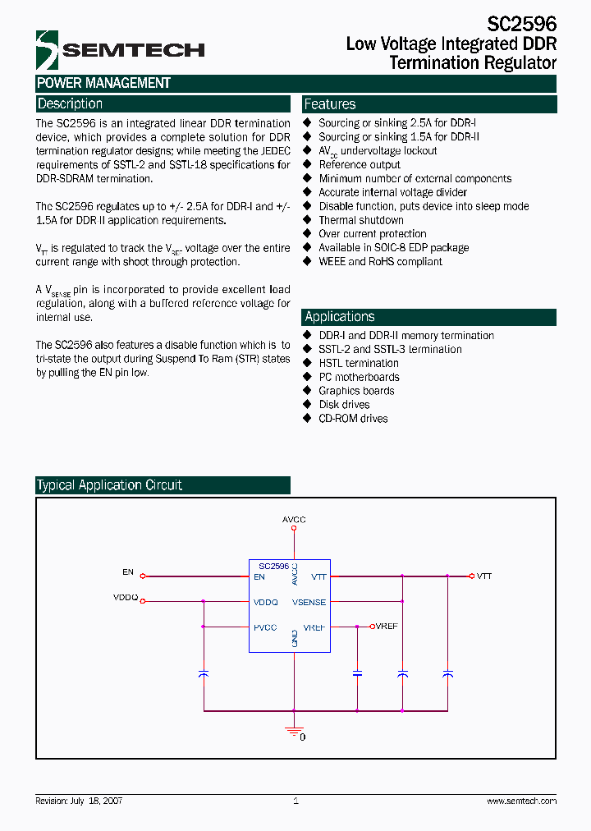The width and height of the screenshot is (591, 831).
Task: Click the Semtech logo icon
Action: pos(47,50)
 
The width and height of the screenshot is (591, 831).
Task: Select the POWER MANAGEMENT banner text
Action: pos(103,83)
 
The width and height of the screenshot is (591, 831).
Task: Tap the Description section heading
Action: pos(71,104)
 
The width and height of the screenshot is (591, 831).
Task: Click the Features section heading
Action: pos(330,104)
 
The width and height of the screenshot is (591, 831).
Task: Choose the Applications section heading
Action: pos(339,317)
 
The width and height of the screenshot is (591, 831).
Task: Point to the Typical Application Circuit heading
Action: pos(110,485)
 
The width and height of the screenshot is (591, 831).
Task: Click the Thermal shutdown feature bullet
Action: pos(361,220)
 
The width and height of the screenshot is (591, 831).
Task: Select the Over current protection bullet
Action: pos(373,234)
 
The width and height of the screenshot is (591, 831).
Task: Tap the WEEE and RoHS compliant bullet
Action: pos(380,262)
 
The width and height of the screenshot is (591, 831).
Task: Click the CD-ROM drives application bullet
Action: pos(353,419)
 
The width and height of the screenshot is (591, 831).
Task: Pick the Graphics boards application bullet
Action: pos(356,391)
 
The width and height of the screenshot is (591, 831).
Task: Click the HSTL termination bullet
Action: pos(359,363)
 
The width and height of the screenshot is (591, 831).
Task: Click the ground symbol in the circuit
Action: pos(294,730)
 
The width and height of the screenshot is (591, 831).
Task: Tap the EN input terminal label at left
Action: pos(127,572)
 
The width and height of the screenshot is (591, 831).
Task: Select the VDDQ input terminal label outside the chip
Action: pos(126,598)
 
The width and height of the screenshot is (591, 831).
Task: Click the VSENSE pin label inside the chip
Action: pos(309,602)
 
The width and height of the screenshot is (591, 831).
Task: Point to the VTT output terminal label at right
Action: pos(484,576)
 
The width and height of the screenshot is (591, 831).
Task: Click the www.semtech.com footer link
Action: pos(521,801)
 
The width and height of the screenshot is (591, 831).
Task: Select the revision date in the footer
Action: pos(79,801)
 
